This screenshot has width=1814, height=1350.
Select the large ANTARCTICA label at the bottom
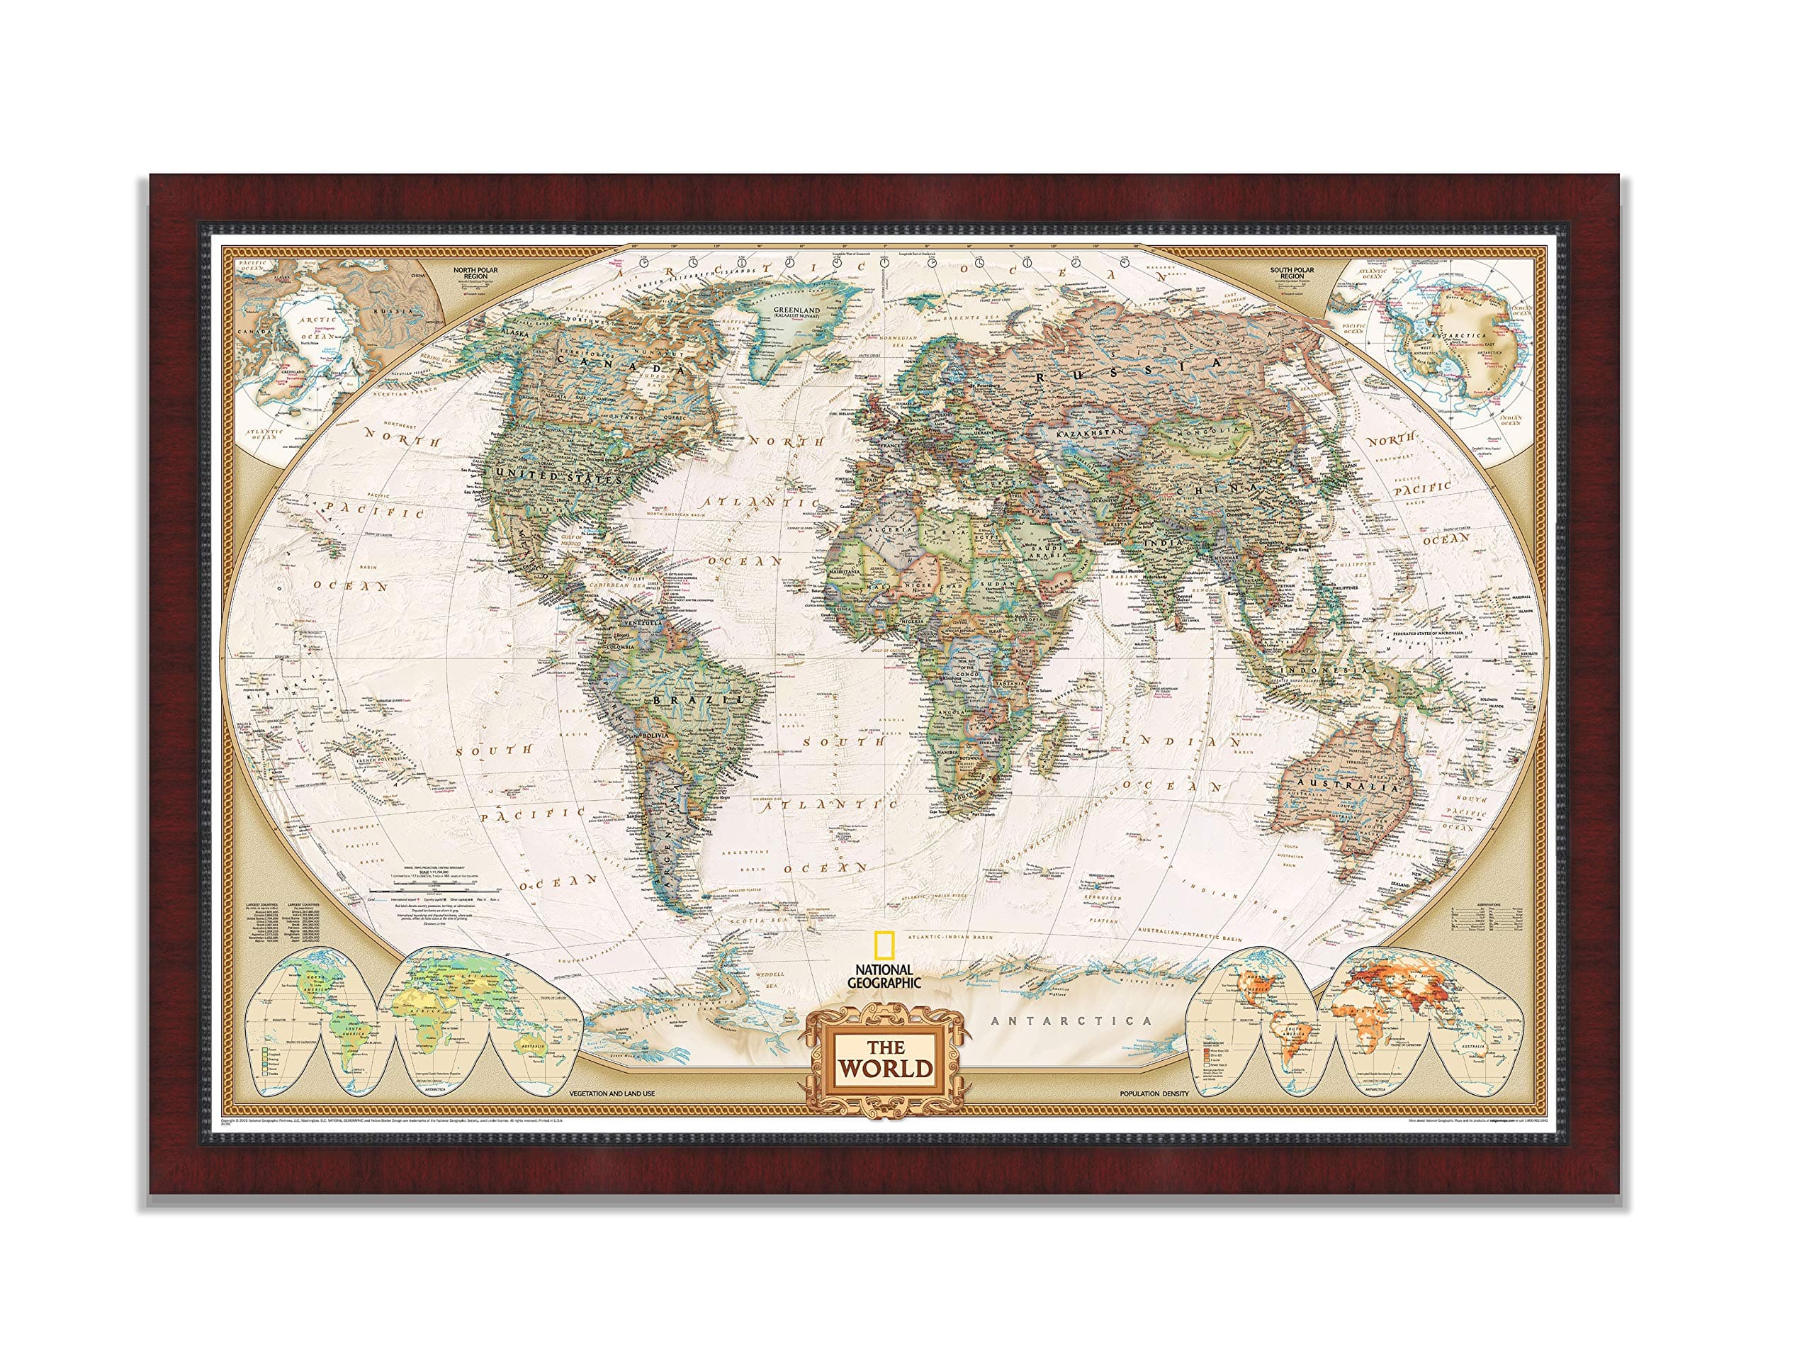point(1071,1020)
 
